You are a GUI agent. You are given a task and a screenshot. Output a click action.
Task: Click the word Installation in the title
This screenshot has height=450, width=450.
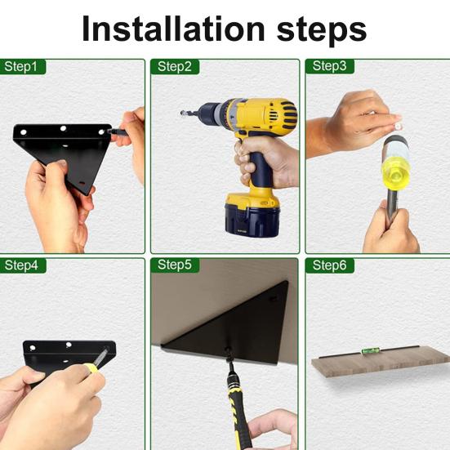point(173,29)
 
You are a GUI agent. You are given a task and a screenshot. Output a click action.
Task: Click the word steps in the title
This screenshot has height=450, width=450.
point(322,32)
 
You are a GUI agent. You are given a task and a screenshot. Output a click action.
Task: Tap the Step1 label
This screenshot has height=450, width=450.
point(21,67)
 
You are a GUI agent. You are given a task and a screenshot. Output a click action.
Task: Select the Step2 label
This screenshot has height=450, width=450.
point(175,67)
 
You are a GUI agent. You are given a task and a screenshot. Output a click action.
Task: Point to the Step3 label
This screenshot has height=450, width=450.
point(329,66)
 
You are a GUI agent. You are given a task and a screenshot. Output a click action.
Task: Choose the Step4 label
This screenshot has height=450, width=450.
point(21,265)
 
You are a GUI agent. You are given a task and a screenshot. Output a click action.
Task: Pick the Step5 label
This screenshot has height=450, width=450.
point(175,265)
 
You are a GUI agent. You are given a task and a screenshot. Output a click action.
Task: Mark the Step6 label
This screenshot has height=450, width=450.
point(329,265)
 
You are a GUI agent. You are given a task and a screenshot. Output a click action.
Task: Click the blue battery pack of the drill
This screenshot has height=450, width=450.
point(252,220)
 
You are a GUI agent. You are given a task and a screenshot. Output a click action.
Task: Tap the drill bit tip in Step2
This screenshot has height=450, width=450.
point(182,112)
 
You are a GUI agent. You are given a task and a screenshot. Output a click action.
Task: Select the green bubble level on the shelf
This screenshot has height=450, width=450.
point(370,350)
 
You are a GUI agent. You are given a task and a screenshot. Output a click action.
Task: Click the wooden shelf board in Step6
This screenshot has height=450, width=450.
point(381,362)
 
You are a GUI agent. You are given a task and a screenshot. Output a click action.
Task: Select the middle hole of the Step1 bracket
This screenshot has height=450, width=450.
point(63,128)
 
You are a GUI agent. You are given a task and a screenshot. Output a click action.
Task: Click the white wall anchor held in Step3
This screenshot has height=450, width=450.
point(397,126)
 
